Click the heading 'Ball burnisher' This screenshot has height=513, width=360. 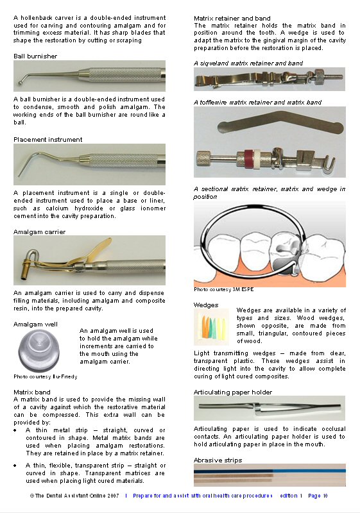pos(35,56)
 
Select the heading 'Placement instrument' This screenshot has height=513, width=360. pos(48,139)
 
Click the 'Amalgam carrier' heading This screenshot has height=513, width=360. pos(40,231)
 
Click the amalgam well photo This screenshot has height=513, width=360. pos(40,351)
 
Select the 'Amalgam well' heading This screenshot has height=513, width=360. pos(35,324)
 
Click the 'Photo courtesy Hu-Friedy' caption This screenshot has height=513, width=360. pos(45,376)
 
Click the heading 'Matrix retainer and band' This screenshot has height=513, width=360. pos(232,19)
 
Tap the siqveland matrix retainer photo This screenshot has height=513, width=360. pos(269,80)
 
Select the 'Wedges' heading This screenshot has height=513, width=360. pos(205,305)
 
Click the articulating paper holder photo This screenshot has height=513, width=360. pos(269,408)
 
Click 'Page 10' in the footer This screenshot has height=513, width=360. pos(318,496)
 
